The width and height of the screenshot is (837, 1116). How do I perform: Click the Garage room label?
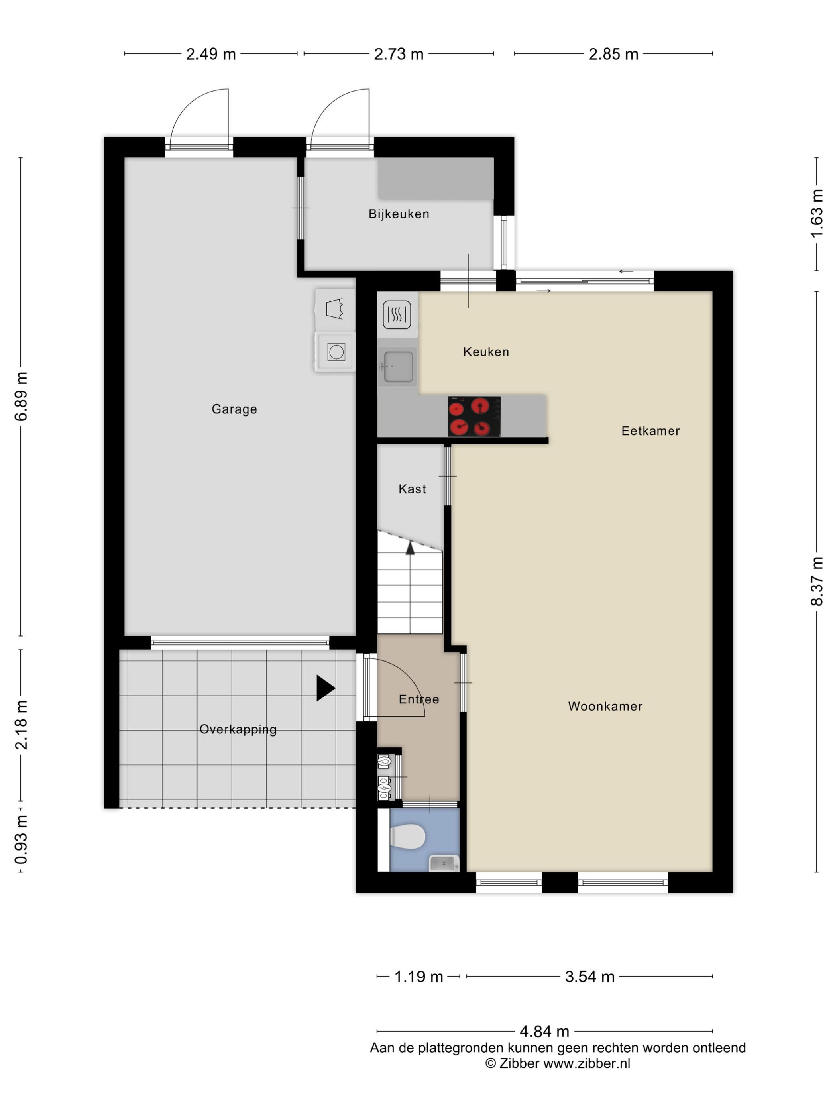[234, 409]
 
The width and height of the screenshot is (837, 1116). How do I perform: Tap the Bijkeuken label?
[399, 214]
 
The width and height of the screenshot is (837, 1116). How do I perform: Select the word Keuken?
[486, 352]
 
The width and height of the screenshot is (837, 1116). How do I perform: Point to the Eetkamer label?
[650, 431]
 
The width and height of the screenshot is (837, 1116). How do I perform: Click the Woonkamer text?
[605, 706]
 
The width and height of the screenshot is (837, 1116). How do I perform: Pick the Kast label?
[412, 489]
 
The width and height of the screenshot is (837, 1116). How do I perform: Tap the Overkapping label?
[238, 729]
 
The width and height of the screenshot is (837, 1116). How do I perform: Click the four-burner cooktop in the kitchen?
[474, 416]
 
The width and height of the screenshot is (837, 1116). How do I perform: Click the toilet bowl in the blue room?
[408, 837]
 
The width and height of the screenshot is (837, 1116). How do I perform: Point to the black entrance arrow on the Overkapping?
[325, 688]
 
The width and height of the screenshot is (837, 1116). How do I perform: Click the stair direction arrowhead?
[410, 548]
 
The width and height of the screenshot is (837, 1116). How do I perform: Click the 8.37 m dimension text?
[816, 581]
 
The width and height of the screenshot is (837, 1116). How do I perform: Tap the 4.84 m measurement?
[544, 1031]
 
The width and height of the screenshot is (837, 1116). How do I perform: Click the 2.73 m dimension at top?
[399, 54]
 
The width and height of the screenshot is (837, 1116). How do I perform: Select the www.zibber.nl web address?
[586, 1063]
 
